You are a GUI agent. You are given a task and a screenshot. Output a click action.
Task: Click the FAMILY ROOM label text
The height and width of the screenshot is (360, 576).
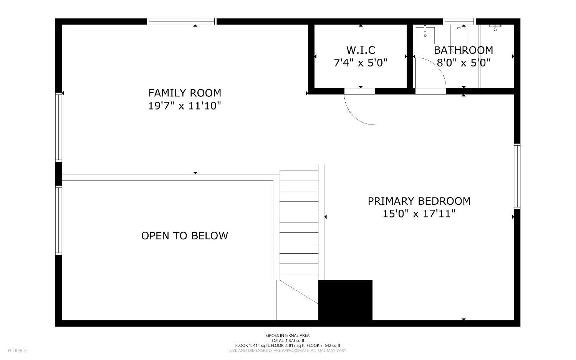pyautogui.click(x=185, y=93)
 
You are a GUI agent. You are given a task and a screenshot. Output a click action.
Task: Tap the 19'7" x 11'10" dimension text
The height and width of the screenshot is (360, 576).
pyautogui.click(x=185, y=106)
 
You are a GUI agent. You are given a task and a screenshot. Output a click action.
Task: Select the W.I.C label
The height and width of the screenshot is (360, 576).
pyautogui.click(x=361, y=50)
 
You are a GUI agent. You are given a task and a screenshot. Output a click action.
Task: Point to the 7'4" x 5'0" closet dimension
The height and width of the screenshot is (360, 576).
pyautogui.click(x=361, y=63)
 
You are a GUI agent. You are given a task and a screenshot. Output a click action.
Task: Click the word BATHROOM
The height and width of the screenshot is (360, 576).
pyautogui.click(x=463, y=50)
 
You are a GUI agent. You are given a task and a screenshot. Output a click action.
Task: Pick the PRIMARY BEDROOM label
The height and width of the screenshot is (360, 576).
pyautogui.click(x=419, y=201)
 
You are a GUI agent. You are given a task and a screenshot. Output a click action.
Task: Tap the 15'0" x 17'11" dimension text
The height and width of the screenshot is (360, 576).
pyautogui.click(x=419, y=214)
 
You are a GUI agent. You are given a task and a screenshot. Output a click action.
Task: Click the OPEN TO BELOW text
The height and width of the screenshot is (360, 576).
pyautogui.click(x=185, y=236)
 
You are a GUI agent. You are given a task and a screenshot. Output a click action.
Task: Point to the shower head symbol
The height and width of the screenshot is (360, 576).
pyautogui.click(x=495, y=27)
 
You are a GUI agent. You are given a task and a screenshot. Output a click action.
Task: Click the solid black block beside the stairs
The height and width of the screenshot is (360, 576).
pyautogui.click(x=345, y=300)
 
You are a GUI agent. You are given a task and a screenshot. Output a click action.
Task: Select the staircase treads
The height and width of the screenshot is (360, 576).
pyautogui.click(x=299, y=223)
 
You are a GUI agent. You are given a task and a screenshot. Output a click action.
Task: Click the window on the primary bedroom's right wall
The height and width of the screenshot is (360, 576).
pyautogui.click(x=517, y=176)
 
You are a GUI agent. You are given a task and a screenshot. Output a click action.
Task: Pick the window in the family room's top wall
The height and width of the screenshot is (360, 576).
pyautogui.click(x=182, y=22)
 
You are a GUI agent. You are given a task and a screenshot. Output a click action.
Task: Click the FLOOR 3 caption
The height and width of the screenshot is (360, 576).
pyautogui.click(x=17, y=350)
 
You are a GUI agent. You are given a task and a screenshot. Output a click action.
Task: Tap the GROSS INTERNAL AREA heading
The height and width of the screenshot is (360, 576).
pyautogui.click(x=288, y=335)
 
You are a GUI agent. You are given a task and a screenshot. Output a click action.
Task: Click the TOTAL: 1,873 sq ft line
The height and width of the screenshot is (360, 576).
pyautogui.click(x=288, y=340)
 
